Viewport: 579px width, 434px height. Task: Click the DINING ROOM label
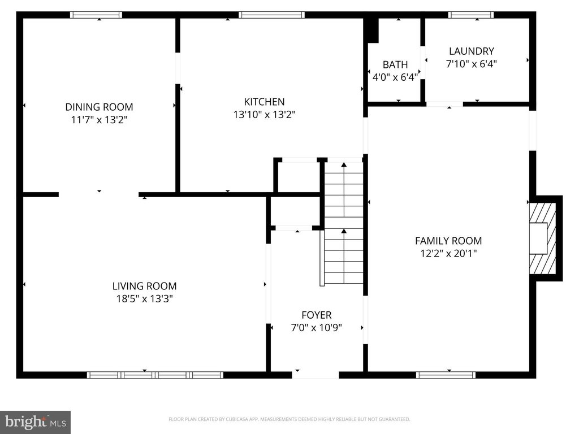click(x=99, y=107)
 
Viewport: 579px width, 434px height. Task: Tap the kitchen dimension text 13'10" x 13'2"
click(x=264, y=115)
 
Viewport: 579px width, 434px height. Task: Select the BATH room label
click(x=395, y=64)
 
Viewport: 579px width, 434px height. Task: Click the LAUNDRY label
click(x=471, y=51)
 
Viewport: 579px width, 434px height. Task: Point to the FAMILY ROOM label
click(x=448, y=241)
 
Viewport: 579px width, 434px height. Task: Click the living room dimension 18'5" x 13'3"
click(x=144, y=299)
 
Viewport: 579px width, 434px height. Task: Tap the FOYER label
click(x=316, y=315)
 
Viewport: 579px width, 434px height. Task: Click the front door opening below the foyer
click(x=316, y=374)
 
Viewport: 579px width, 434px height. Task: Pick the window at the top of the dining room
click(x=96, y=15)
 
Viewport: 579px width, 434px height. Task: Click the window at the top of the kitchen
click(x=271, y=15)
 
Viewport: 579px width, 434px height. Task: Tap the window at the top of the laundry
click(x=470, y=15)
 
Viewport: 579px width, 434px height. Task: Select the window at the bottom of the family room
click(x=446, y=375)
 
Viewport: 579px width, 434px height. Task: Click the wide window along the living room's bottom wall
click(x=155, y=375)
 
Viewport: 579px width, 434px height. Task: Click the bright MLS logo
click(x=35, y=422)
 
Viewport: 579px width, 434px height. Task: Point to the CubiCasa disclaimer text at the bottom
click(x=289, y=419)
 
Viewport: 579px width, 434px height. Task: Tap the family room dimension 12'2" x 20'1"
click(x=448, y=254)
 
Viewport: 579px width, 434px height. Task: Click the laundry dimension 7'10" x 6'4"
click(x=471, y=64)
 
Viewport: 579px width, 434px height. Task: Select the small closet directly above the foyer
click(x=295, y=212)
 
